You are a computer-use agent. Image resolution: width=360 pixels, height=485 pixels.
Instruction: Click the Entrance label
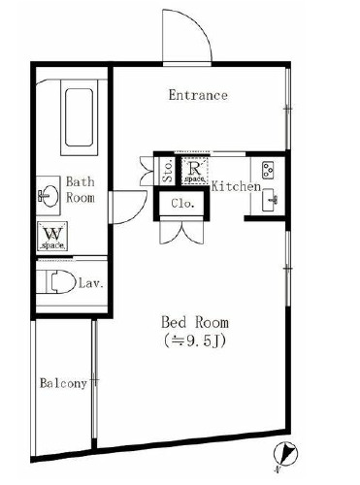(198, 95)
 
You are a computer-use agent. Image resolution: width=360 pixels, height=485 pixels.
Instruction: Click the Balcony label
(64, 383)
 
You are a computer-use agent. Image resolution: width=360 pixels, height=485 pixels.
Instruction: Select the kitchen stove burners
(269, 172)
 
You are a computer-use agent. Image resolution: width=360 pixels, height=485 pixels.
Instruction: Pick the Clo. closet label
(183, 205)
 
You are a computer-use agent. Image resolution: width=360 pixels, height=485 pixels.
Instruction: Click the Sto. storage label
(167, 172)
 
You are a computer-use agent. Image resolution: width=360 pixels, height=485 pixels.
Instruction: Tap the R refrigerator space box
(192, 170)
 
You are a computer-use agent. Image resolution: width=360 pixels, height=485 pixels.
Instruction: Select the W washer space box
(52, 237)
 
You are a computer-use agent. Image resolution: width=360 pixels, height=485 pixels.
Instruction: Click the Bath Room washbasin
(45, 195)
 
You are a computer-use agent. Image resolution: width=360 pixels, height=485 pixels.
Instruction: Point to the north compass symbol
(286, 452)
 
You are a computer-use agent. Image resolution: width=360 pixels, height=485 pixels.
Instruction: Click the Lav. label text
(92, 284)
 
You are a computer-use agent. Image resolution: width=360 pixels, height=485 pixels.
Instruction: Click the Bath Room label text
(80, 189)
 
